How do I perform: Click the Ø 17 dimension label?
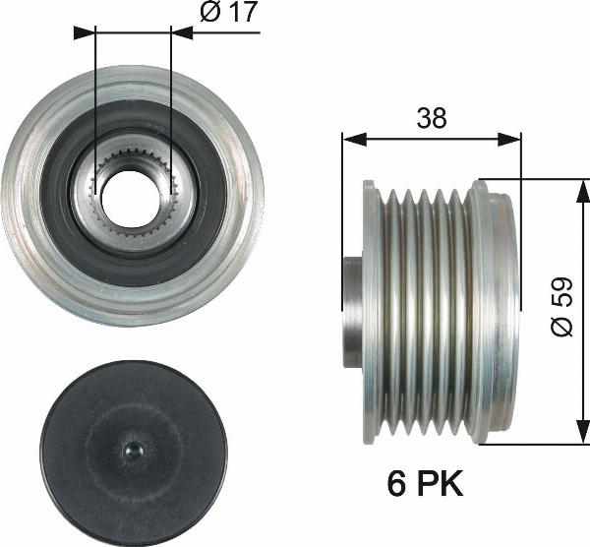tap(229, 14)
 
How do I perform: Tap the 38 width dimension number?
tap(431, 118)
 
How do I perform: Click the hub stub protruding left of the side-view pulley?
tap(351, 311)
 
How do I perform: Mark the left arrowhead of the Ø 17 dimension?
tap(87, 31)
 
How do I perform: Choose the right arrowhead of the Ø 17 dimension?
tap(179, 31)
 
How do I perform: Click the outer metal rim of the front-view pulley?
tap(29, 197)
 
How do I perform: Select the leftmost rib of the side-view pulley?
tap(370, 311)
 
